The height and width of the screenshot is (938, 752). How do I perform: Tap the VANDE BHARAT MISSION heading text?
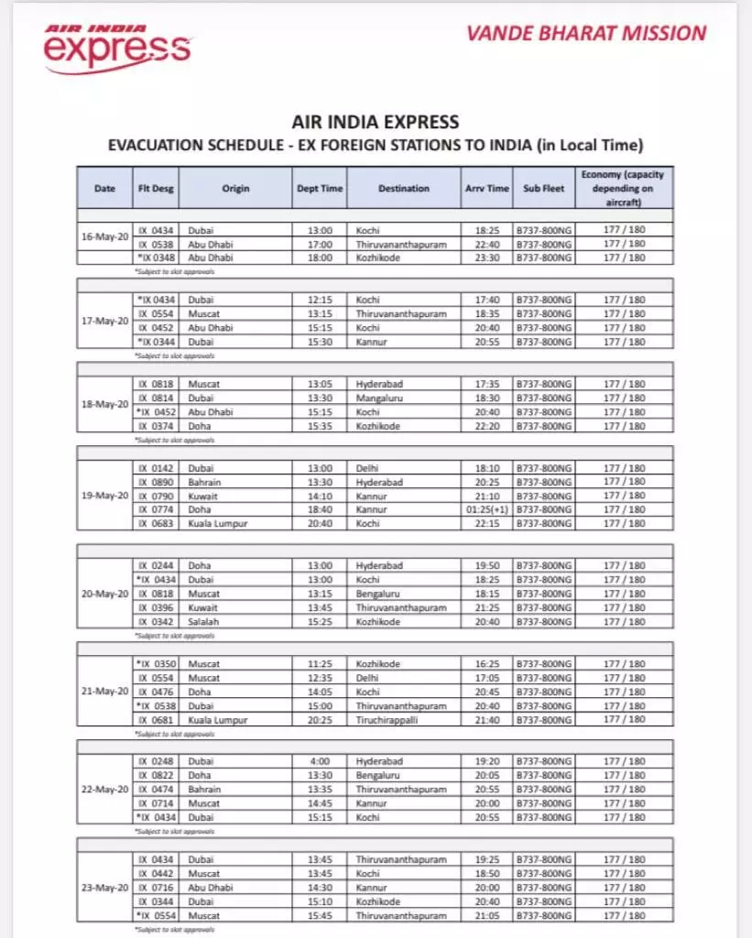point(586,34)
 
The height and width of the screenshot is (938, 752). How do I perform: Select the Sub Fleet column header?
point(544,189)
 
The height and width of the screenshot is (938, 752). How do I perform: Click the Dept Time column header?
point(320,189)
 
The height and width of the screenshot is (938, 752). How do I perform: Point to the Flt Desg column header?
point(156,189)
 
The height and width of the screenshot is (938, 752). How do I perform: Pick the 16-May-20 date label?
point(104,236)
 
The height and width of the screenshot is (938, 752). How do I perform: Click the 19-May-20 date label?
point(104,496)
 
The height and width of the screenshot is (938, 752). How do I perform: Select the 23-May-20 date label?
point(104,888)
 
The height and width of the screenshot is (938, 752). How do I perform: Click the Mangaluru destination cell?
point(380,398)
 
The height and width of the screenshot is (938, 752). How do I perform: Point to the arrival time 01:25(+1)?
point(485,509)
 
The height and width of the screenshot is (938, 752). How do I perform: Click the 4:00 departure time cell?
point(320,761)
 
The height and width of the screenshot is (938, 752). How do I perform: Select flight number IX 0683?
point(156,524)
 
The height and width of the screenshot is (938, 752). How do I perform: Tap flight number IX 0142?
point(156,468)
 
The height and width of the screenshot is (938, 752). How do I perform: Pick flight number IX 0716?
point(156,888)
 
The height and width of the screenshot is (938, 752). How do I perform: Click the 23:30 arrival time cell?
point(485,258)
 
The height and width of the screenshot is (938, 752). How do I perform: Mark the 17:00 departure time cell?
point(320,244)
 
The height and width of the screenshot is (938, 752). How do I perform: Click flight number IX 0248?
point(156,761)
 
